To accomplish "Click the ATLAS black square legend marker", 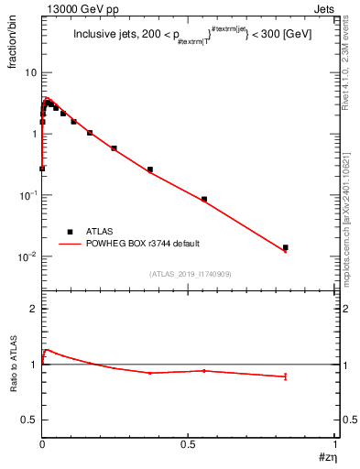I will [70, 232].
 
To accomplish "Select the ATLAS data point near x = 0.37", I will [150, 169].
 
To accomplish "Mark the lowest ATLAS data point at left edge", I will [42, 169].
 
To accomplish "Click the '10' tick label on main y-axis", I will [29, 71].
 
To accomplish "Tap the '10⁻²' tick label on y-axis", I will [26, 256].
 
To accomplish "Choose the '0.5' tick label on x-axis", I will [188, 446].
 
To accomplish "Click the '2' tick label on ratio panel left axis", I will [33, 310].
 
